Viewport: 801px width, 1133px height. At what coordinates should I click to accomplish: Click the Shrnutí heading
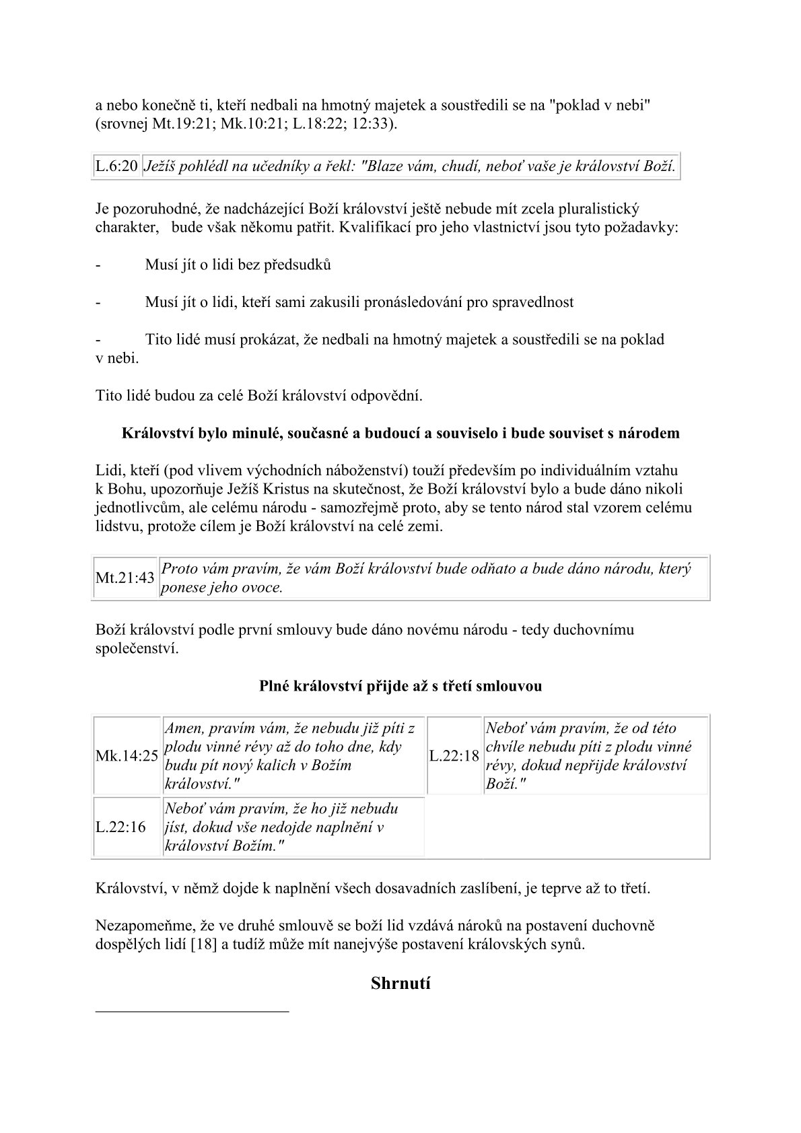coord(401,983)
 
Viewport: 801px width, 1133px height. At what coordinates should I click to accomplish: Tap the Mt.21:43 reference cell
coord(125,578)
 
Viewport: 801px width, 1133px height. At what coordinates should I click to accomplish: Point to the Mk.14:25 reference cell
coord(127,756)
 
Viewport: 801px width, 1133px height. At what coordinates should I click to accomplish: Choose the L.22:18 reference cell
coord(454,756)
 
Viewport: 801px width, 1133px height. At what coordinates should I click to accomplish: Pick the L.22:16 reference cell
coord(120,827)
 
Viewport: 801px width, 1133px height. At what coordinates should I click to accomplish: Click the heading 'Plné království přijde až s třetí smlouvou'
coord(401,686)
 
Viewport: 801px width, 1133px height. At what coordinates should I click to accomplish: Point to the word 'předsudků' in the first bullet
coord(299,265)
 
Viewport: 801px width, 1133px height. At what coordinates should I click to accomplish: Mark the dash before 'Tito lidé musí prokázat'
coord(98,339)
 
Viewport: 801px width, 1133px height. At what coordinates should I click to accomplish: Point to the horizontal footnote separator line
coord(192,1010)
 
